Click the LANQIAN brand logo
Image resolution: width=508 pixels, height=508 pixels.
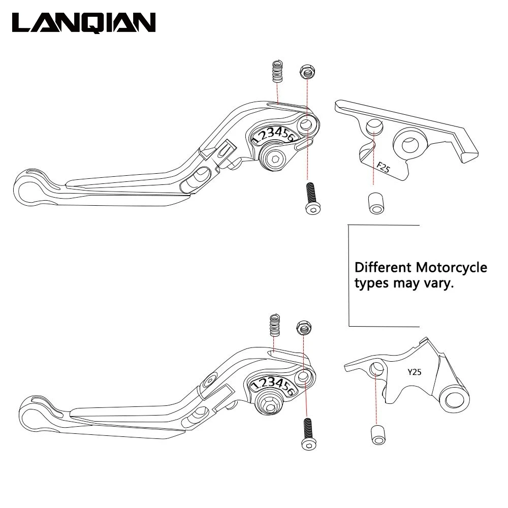[84, 23]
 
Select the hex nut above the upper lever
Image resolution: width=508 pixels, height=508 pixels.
[306, 72]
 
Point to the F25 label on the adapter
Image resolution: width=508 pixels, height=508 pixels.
[383, 167]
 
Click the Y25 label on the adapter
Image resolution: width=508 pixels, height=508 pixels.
[414, 372]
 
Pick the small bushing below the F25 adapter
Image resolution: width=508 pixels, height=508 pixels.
[374, 202]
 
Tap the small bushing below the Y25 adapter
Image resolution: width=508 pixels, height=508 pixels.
[376, 434]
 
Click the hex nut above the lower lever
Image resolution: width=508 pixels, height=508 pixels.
[304, 328]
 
